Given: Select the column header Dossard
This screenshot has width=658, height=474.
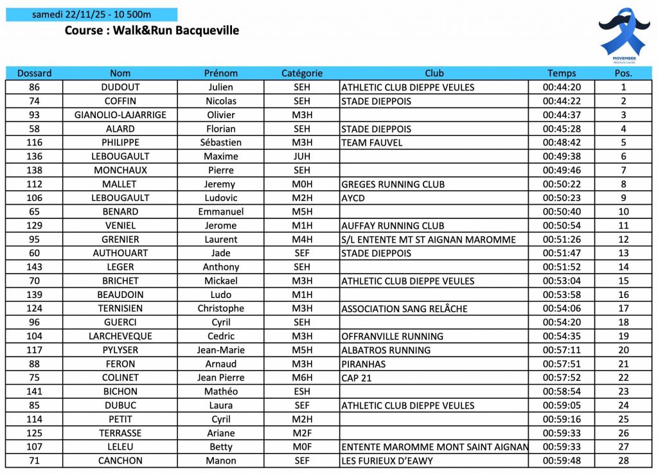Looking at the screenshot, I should (x=35, y=73).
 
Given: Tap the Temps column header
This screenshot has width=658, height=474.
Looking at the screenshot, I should (x=562, y=73).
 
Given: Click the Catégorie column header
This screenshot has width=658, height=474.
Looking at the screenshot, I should (x=302, y=73).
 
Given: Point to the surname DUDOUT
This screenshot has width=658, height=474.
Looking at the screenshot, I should (x=120, y=87).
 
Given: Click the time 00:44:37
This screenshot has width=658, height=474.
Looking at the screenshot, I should (x=562, y=115).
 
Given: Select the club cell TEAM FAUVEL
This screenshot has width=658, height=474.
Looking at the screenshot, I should (x=372, y=143).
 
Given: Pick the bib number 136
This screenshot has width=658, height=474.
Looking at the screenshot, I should (x=35, y=156).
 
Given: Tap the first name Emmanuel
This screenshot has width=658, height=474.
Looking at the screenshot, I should (x=221, y=211).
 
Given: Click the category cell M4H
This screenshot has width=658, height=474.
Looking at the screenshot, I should (x=302, y=240).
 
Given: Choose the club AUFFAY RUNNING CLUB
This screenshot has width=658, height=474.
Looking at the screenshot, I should (x=393, y=225).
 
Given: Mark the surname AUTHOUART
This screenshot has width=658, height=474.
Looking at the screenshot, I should (x=120, y=253).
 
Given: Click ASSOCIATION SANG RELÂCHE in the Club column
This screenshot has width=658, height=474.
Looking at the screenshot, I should (x=404, y=308).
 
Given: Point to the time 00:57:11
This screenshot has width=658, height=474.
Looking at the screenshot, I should (x=562, y=350).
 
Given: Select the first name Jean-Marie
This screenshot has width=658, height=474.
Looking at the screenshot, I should (x=221, y=350).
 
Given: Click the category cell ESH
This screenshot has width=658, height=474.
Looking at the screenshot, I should (x=302, y=391).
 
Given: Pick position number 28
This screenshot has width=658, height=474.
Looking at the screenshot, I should (x=623, y=461).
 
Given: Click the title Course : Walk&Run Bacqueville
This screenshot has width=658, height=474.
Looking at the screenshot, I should (x=152, y=30).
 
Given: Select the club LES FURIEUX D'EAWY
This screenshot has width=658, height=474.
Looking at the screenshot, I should (x=387, y=461).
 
